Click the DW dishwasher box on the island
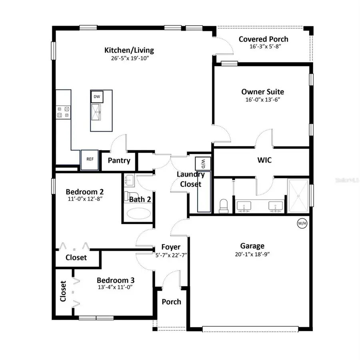click(97, 97)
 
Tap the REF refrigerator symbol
click(90, 159)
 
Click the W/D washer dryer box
click(203, 163)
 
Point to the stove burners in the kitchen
click(63, 111)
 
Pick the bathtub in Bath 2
click(139, 213)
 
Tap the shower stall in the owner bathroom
click(298, 195)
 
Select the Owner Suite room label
click(263, 92)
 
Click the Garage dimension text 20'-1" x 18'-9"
click(252, 254)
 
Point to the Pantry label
click(119, 161)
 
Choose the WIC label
click(264, 160)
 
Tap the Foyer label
click(171, 247)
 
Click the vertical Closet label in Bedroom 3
click(63, 291)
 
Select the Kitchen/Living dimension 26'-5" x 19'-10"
click(129, 58)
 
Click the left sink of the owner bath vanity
click(244, 205)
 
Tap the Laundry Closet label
click(191, 179)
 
